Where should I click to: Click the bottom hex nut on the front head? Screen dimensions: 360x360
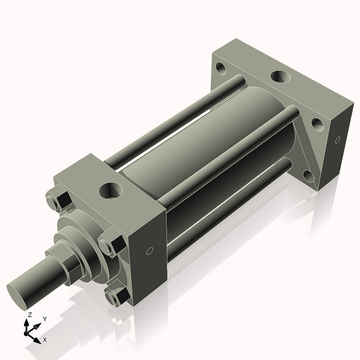pyautogui.click(x=114, y=296)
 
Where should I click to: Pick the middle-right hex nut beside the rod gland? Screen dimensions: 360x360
pyautogui.click(x=109, y=246)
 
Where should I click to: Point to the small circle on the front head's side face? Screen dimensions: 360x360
pyautogui.click(x=149, y=251)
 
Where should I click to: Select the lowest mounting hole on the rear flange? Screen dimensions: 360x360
pyautogui.click(x=307, y=176)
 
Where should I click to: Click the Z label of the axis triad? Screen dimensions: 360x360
pyautogui.click(x=28, y=315)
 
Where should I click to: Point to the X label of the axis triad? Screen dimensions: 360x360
pyautogui.click(x=45, y=338)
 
